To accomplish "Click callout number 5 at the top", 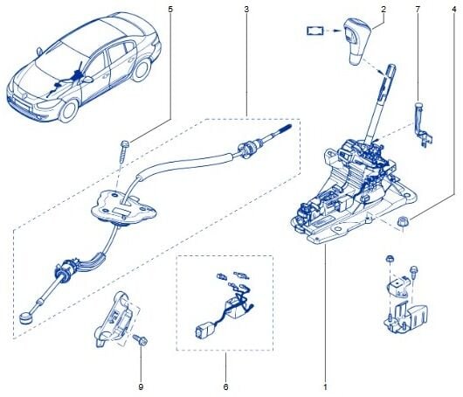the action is tap(169, 10).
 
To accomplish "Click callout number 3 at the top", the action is tap(246, 10).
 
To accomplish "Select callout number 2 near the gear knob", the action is tap(384, 9).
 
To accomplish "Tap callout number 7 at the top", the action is tap(418, 10).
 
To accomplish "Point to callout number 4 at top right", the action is tap(454, 10).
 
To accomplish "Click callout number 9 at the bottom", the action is tap(141, 387).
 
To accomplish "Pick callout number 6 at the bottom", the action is tap(226, 387).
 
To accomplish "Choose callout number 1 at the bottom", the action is tap(325, 387).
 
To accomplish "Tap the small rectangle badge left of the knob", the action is tap(315, 31).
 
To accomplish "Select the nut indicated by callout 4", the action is tap(403, 222).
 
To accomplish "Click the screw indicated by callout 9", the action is tap(141, 340).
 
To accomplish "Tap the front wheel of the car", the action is tap(69, 111).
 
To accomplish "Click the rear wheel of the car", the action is tap(142, 70).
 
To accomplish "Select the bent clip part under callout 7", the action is tap(423, 125).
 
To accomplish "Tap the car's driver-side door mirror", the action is tap(88, 80).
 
